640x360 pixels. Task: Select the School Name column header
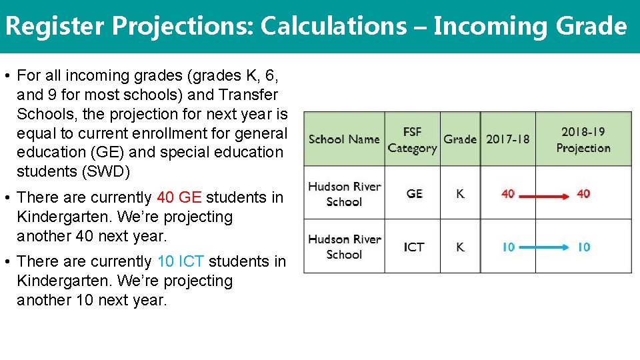point(344,139)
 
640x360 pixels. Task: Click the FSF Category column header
point(412,140)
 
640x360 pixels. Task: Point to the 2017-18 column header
point(508,139)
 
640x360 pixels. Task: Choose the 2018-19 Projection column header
point(583,140)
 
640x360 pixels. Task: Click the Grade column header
point(460,139)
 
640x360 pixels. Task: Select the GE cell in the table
point(414,194)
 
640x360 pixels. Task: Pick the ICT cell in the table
point(414,247)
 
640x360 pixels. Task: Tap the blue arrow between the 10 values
point(545,247)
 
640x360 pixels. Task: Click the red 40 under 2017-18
point(508,194)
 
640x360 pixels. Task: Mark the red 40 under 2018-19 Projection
point(583,194)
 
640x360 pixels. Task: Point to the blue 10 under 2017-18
point(508,247)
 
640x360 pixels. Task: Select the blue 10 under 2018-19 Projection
point(583,247)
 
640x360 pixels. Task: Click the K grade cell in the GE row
point(460,194)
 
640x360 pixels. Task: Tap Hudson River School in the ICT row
point(344,247)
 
